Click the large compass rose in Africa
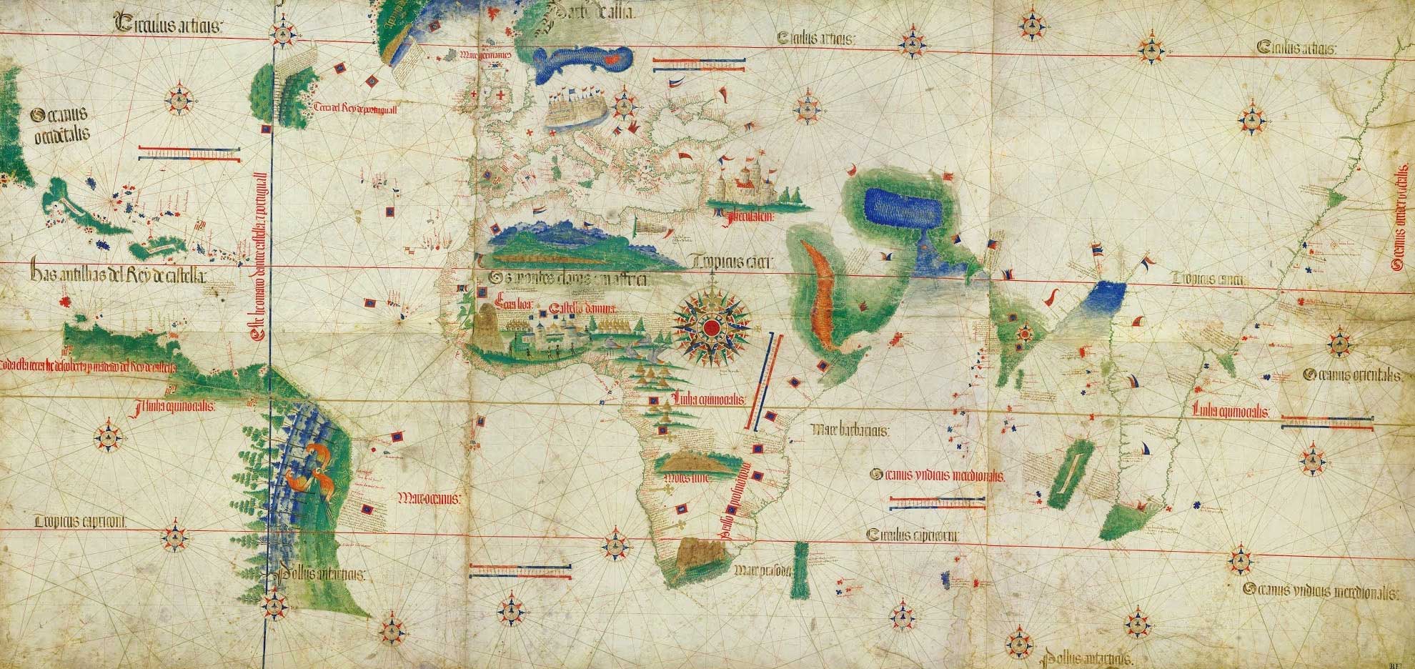click(x=711, y=327)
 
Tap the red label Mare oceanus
click(x=429, y=495)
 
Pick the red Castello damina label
click(x=583, y=309)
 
